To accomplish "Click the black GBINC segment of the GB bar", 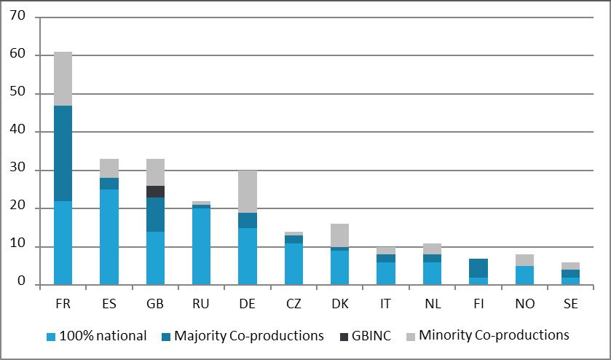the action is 155,192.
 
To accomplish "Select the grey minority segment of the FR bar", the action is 63,79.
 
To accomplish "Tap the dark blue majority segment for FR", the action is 63,153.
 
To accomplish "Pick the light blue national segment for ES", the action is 109,237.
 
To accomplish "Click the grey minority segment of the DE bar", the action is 248,192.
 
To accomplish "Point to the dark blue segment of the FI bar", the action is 478,268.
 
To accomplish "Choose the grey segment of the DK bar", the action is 340,235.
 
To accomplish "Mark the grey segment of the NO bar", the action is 524,260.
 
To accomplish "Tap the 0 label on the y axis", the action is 21,281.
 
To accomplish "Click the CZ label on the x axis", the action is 293,304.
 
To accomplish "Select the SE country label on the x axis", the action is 570,304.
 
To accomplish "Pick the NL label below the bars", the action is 432,304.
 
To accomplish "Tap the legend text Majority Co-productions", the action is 249,336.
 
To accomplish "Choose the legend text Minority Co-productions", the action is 494,335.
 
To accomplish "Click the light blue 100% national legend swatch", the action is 51,336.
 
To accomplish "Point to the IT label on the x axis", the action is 385,304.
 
